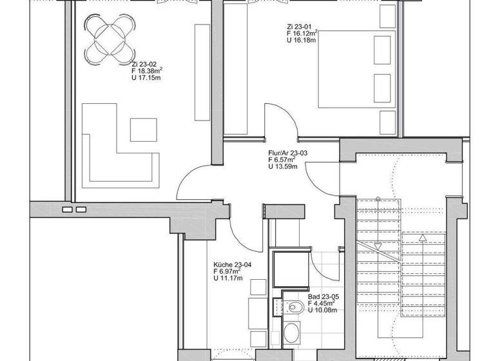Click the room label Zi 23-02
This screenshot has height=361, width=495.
[144, 64]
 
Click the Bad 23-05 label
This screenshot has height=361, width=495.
[324, 297]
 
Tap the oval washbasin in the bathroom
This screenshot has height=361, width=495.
[292, 333]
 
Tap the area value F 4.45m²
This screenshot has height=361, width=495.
[323, 303]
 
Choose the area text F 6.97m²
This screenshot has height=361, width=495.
[228, 271]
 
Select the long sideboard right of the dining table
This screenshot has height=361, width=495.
[202, 71]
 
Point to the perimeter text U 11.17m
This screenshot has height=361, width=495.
[228, 278]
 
